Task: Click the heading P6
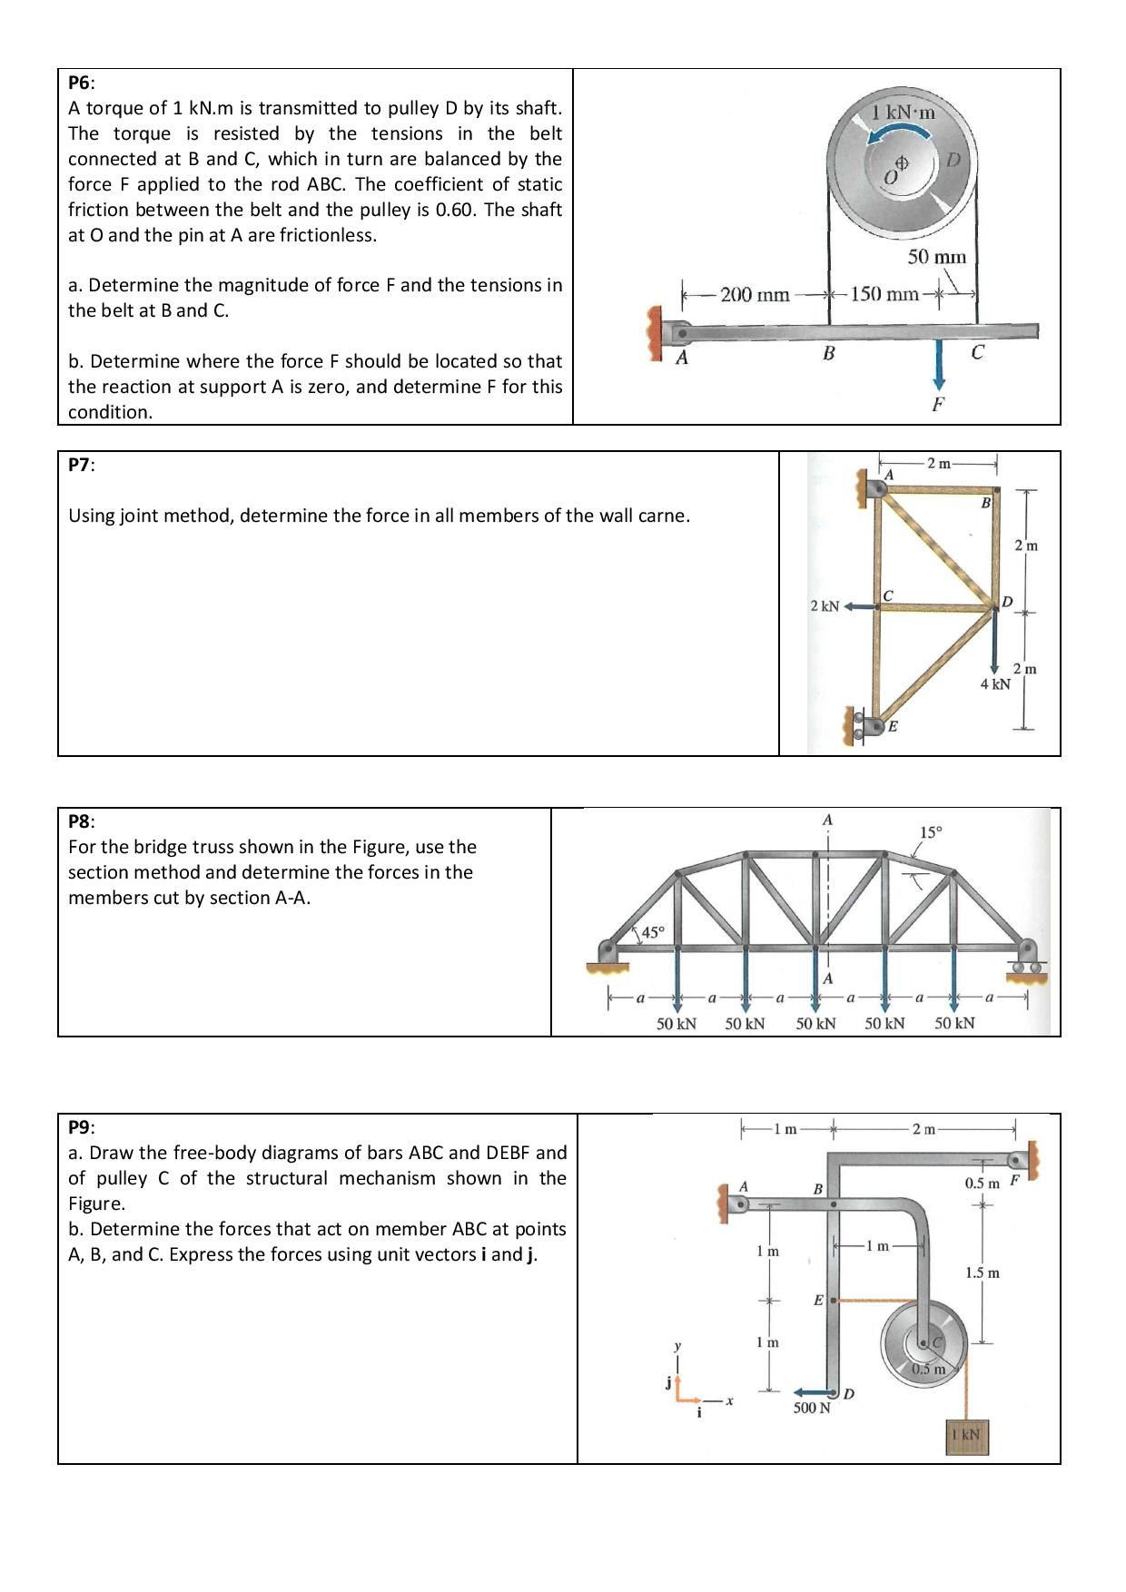point(80,83)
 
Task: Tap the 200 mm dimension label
point(755,295)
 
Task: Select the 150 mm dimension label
point(884,294)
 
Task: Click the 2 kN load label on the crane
point(825,605)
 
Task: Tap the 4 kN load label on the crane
point(995,683)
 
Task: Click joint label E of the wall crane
point(893,726)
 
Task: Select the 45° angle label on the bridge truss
point(653,932)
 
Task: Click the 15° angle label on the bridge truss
point(931,831)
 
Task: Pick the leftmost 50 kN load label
point(677,1023)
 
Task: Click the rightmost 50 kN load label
point(954,1023)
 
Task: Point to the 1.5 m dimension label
point(983,1273)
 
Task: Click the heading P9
point(80,1127)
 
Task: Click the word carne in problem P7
point(664,516)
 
